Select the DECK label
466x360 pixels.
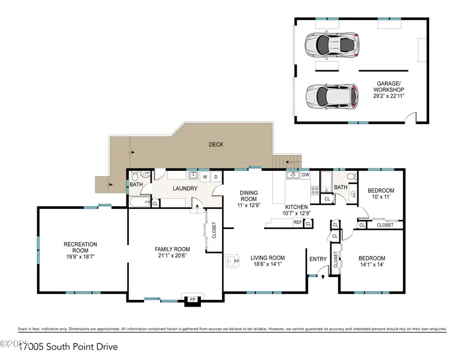tap(216, 145)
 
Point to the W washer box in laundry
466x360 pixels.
tap(206, 177)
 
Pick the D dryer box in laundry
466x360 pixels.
tap(216, 177)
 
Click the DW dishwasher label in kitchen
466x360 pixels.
tap(305, 175)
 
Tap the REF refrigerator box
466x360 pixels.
tap(298, 222)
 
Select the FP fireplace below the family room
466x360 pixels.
tap(192, 299)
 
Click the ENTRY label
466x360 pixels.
tap(318, 258)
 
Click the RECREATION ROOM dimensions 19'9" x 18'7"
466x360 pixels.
tap(80, 256)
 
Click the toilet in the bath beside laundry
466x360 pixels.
tap(134, 174)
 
